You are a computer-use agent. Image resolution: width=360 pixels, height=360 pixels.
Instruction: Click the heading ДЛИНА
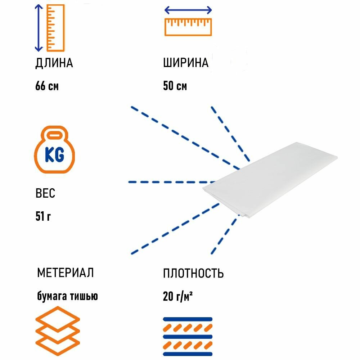[54, 63]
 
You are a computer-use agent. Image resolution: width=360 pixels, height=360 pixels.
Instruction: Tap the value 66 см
[47, 87]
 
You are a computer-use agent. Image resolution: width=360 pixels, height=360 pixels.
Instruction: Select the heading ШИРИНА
[186, 63]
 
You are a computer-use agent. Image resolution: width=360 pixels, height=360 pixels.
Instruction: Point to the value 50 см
[175, 87]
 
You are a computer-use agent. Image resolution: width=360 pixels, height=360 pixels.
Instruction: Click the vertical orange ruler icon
[56, 28]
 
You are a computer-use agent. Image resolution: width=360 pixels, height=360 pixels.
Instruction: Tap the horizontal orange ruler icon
[188, 27]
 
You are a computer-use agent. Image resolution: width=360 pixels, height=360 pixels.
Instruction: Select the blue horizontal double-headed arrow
[188, 10]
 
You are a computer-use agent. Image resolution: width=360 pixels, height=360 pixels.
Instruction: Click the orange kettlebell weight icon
[55, 151]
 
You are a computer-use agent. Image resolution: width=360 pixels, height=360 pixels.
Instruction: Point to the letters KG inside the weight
[55, 155]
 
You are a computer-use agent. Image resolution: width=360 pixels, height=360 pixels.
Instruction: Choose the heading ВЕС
[45, 194]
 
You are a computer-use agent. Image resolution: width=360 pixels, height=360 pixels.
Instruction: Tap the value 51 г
[43, 217]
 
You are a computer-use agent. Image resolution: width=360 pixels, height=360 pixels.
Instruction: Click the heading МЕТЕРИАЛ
[65, 273]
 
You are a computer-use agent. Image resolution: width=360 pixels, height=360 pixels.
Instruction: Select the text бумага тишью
[67, 296]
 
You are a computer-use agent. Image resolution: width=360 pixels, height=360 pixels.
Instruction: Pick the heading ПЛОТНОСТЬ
[193, 274]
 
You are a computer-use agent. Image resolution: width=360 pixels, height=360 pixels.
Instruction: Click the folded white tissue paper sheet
[270, 184]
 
